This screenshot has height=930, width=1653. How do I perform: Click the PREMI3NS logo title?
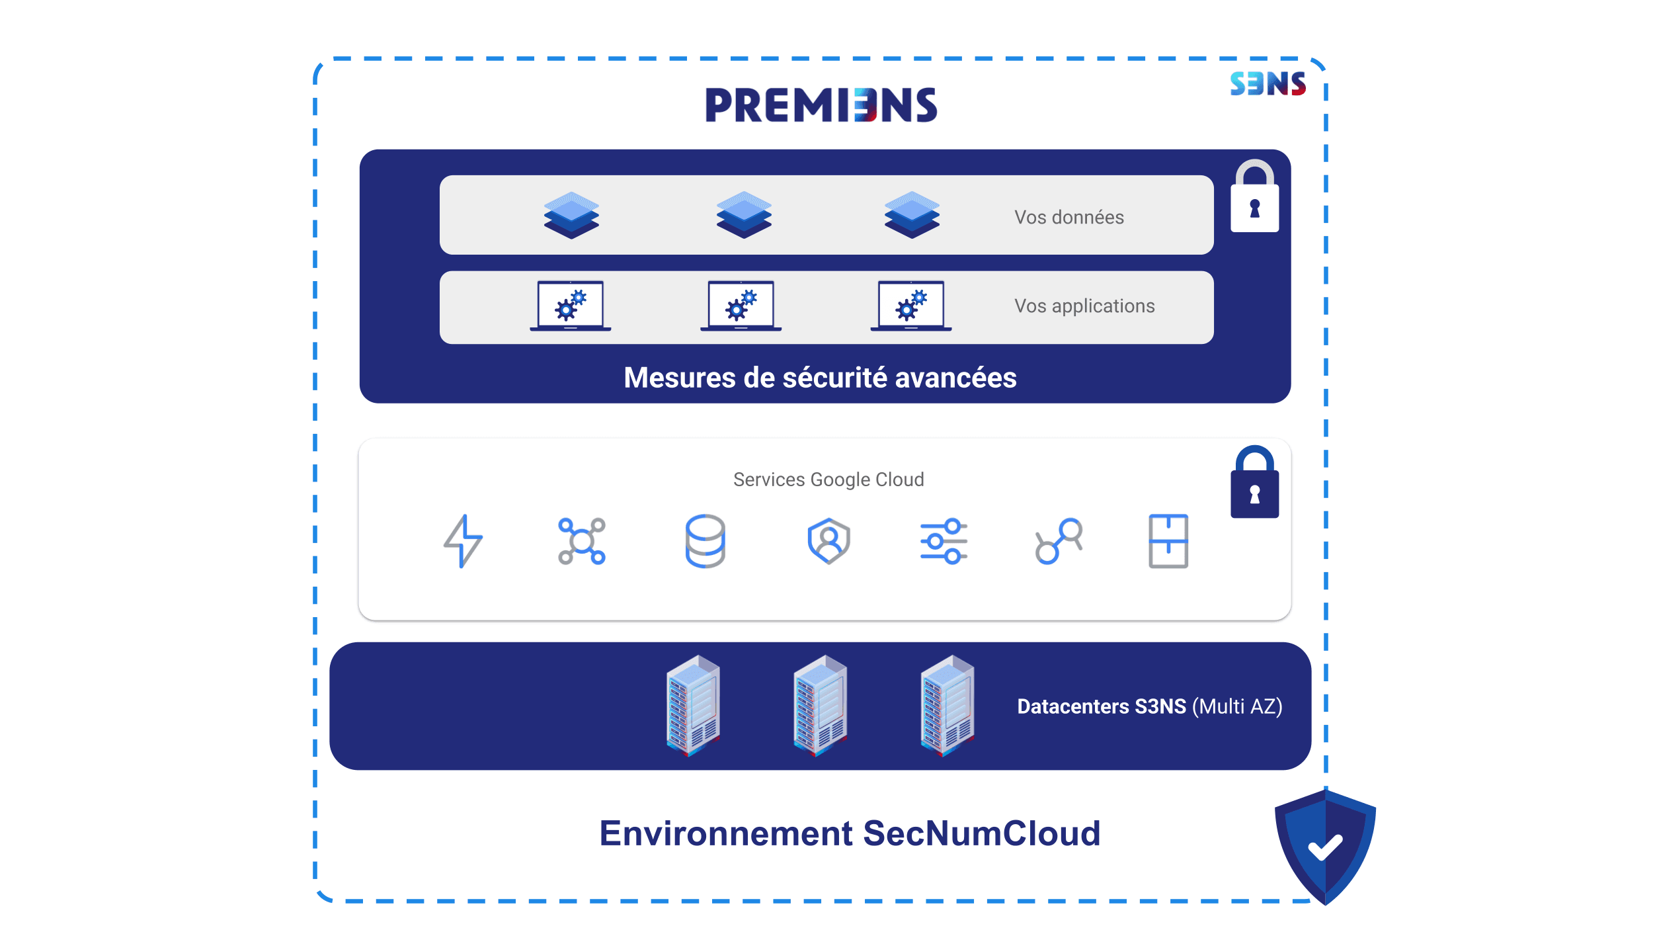click(821, 105)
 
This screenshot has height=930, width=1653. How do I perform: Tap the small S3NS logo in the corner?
click(1268, 84)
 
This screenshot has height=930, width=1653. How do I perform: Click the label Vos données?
click(1069, 217)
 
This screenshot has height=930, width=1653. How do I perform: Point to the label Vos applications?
click(1084, 306)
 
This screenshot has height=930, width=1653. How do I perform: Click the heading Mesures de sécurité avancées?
click(820, 378)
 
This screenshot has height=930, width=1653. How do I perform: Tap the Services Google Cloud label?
click(828, 480)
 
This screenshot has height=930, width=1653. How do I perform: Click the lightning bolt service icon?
click(463, 541)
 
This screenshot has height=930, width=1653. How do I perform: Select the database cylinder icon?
click(705, 541)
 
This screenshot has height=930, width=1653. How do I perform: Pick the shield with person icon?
click(828, 541)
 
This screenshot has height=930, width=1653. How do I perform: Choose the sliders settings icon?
click(944, 541)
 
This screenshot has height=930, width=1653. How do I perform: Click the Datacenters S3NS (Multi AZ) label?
click(1149, 706)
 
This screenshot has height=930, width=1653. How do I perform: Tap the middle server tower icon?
click(820, 705)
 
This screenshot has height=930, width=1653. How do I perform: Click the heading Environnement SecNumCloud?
click(850, 833)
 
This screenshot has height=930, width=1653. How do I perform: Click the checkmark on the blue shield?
click(1325, 847)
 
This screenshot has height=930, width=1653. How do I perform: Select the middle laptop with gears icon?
click(741, 306)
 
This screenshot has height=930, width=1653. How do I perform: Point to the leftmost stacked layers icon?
click(571, 215)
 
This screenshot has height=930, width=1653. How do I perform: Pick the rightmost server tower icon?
click(947, 705)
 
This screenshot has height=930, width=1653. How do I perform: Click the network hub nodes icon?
click(582, 541)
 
